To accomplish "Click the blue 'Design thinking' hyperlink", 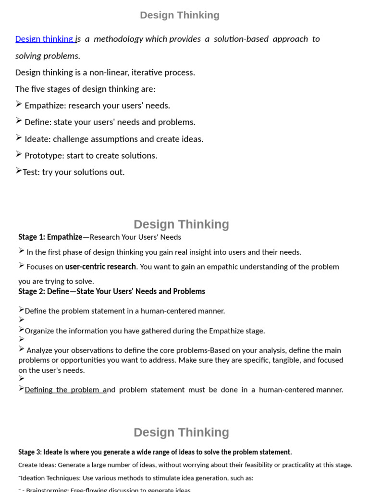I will pyautogui.click(x=44, y=39).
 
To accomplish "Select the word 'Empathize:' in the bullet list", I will pyautogui.click(x=44, y=105).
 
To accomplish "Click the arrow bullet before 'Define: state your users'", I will pyautogui.click(x=19, y=121).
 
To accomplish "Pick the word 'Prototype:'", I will pyautogui.click(x=45, y=156).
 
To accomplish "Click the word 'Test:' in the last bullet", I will pyautogui.click(x=31, y=172).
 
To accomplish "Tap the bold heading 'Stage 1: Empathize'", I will pyautogui.click(x=50, y=237).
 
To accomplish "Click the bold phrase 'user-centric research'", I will pyautogui.click(x=100, y=267).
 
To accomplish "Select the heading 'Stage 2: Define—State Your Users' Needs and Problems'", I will pyautogui.click(x=111, y=291).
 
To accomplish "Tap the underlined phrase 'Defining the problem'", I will pyautogui.click(x=62, y=390).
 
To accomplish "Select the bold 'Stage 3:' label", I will pyautogui.click(x=30, y=452).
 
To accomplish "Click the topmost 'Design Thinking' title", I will pyautogui.click(x=180, y=15).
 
